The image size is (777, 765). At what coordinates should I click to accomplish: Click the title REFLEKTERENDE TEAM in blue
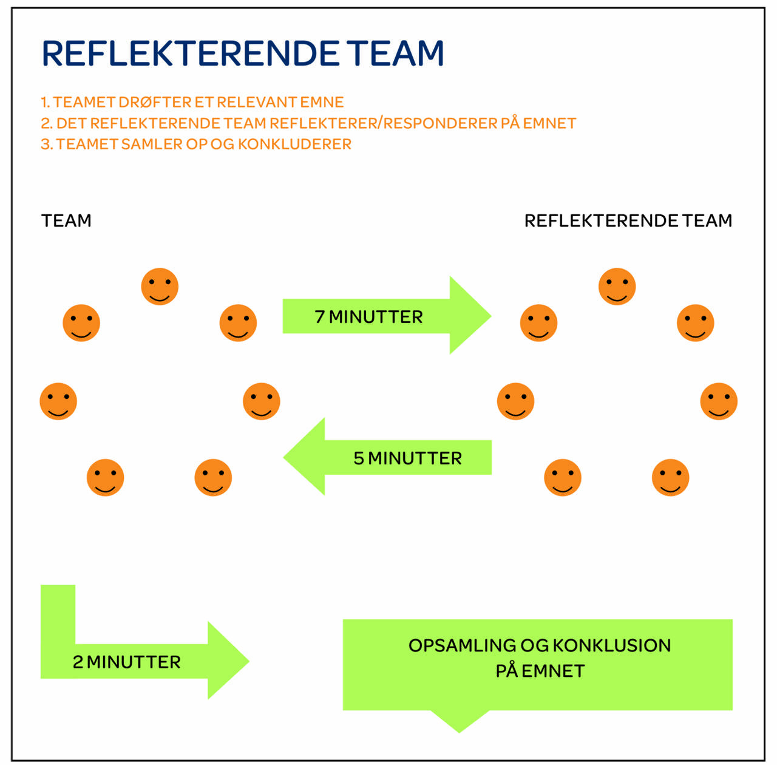point(243,53)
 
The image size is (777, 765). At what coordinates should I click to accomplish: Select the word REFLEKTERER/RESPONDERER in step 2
point(383,123)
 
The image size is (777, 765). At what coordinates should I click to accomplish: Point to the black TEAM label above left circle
point(66,220)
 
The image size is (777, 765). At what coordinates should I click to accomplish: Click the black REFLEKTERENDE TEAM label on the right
point(628,220)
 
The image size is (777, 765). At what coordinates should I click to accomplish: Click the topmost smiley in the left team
point(160,287)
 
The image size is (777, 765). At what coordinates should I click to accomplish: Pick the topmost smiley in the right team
point(617,287)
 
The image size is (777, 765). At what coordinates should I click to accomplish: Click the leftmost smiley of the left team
point(58,401)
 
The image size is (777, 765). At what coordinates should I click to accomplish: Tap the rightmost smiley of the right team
point(719,401)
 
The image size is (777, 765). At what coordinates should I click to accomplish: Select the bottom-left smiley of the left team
point(105,478)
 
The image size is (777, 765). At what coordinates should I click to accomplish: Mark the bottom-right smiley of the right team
point(670,478)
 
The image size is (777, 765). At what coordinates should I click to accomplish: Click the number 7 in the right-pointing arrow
point(319,316)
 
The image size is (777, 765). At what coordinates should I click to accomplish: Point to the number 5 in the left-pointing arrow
point(359,458)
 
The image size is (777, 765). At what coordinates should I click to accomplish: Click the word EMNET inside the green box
point(552,671)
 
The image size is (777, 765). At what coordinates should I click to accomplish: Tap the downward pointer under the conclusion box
point(460,721)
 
